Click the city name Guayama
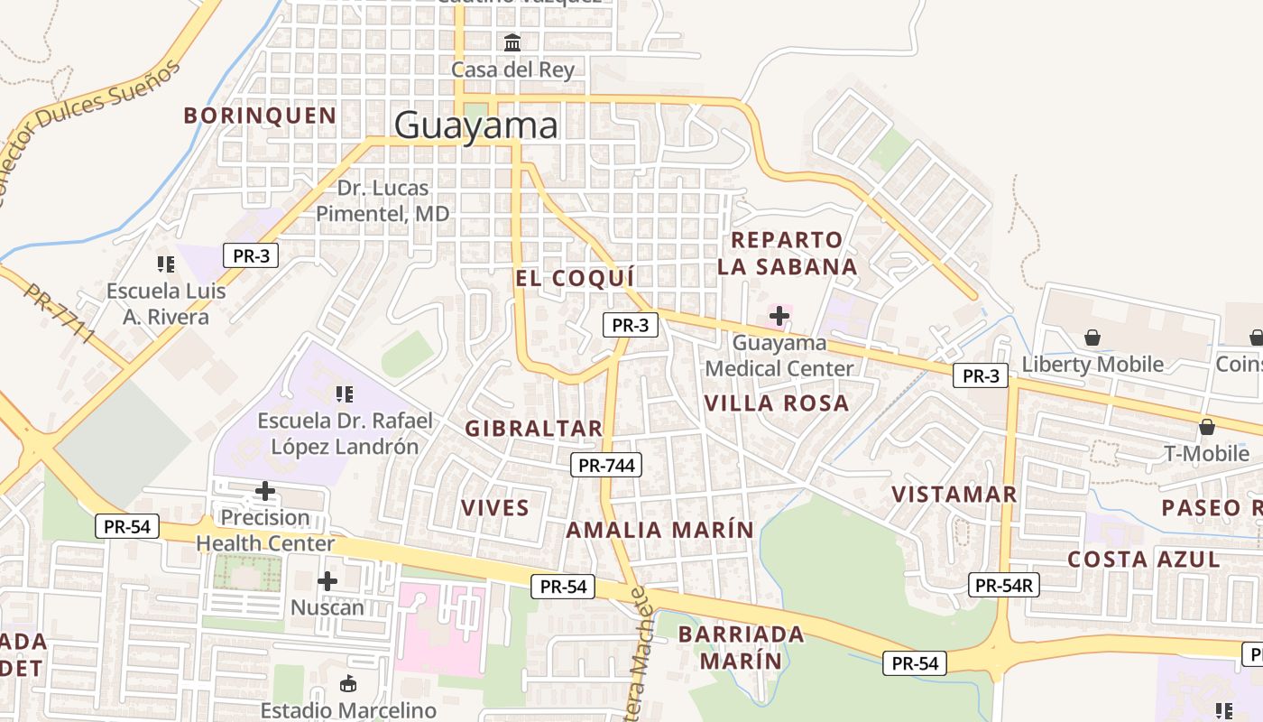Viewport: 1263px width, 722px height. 475,125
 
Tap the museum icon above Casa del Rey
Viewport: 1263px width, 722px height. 512,42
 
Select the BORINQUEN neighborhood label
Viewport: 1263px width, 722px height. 260,116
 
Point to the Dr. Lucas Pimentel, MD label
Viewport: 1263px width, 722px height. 383,201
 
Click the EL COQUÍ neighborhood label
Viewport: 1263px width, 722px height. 575,278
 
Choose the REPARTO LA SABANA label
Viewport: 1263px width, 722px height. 793,254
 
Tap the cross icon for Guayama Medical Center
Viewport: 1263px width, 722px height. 779,317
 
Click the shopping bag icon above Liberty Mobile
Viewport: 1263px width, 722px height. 1092,338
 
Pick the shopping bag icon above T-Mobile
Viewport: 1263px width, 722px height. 1206,426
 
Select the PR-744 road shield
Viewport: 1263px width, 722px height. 606,466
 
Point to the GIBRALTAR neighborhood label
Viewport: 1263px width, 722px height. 533,429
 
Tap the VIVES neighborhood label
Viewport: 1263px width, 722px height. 495,508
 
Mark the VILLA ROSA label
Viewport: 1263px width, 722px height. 776,403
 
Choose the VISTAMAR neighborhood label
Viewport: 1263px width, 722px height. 954,495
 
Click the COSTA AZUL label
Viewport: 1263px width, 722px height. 1143,560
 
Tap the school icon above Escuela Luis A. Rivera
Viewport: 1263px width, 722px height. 165,264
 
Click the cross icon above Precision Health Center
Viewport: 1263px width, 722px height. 265,491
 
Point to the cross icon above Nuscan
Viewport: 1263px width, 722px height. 327,581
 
